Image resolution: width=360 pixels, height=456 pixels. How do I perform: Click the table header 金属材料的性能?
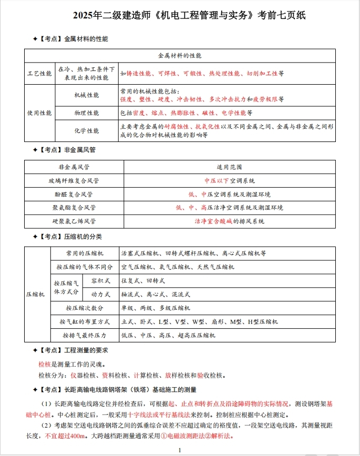tap(180, 55)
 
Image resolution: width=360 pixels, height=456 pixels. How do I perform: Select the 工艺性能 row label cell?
tap(39, 74)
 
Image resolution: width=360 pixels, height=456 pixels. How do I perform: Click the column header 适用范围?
tap(229, 167)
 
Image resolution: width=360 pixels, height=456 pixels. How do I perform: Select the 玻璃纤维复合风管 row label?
tap(74, 180)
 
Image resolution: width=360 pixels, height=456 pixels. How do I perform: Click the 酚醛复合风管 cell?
tap(74, 194)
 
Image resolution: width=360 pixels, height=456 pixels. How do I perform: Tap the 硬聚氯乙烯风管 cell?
tap(74, 221)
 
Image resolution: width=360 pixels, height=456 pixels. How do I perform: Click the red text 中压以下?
tap(214, 180)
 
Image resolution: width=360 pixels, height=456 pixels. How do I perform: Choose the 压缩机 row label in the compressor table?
tap(36, 294)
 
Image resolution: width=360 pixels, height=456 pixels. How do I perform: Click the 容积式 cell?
tap(100, 280)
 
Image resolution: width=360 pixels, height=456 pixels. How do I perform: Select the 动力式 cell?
tap(100, 294)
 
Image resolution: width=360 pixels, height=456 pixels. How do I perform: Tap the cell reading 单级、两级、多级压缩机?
tap(156, 308)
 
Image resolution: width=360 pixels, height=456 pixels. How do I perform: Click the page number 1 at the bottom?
tap(180, 450)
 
